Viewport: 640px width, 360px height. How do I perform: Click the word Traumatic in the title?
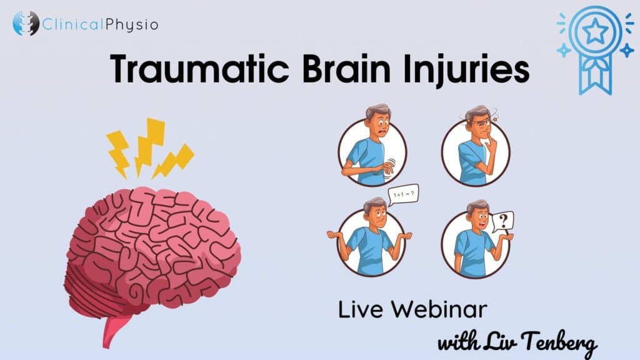click(199, 69)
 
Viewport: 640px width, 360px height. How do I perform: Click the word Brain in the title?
click(346, 69)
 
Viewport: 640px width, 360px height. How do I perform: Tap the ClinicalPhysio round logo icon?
click(25, 23)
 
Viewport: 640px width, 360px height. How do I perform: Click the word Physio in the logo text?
click(131, 25)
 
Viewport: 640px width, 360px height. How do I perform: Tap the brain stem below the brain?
click(114, 329)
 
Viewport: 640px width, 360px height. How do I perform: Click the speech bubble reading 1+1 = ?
click(403, 194)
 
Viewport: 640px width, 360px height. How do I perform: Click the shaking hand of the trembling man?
click(387, 167)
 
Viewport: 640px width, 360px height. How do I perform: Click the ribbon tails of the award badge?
click(596, 76)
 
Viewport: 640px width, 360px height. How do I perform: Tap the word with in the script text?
click(458, 342)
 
